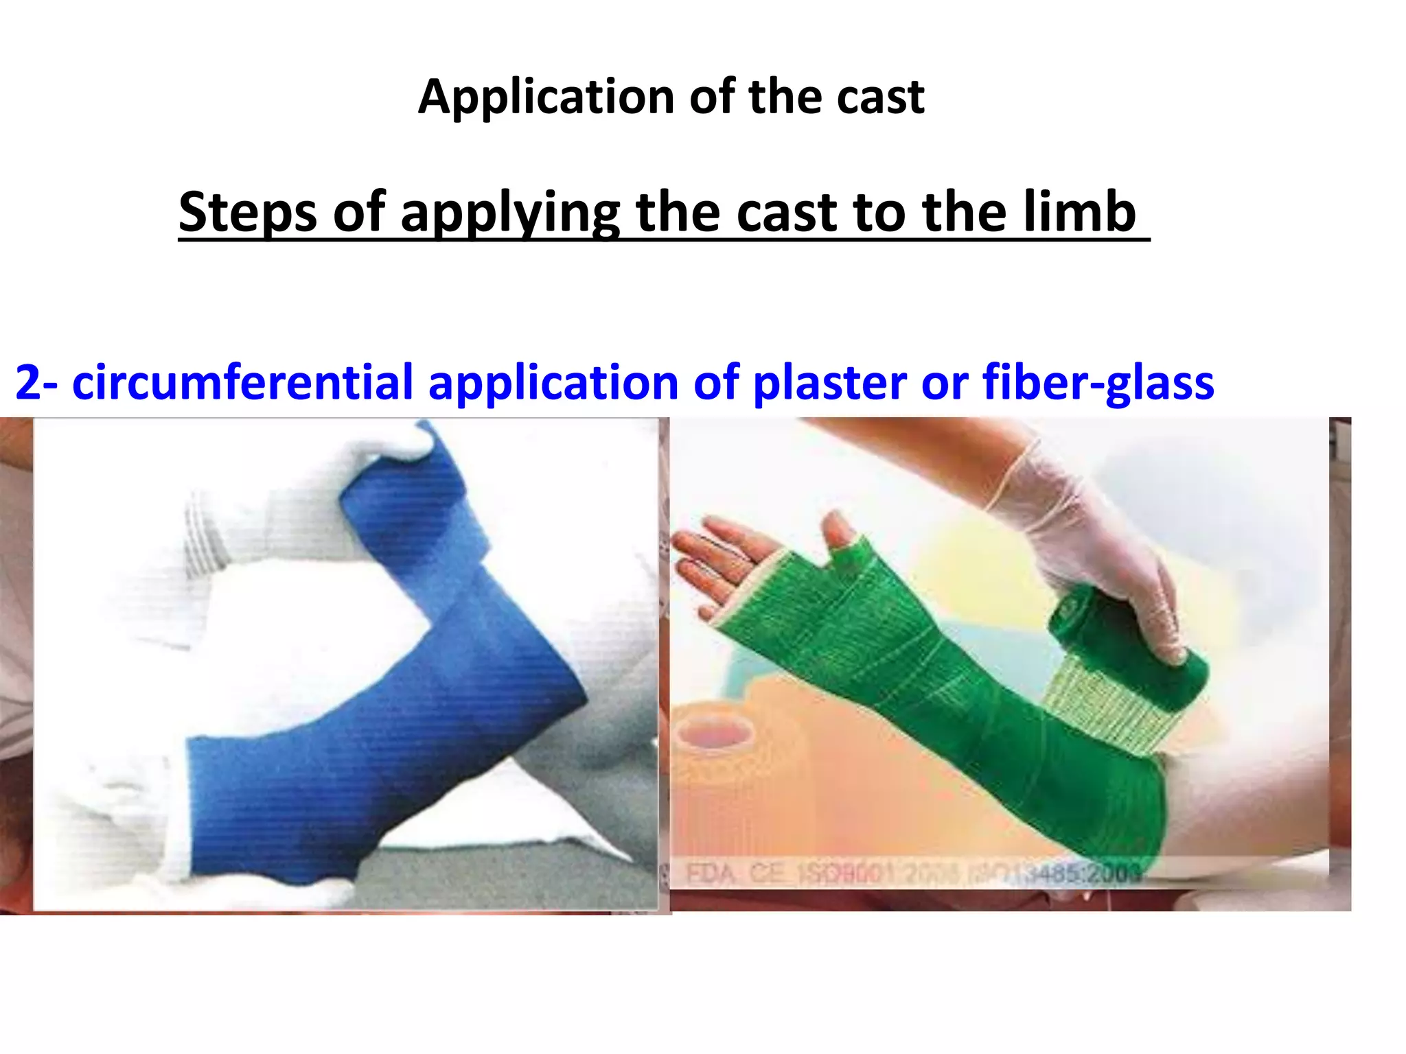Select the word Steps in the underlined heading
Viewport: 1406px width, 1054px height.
click(247, 213)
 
